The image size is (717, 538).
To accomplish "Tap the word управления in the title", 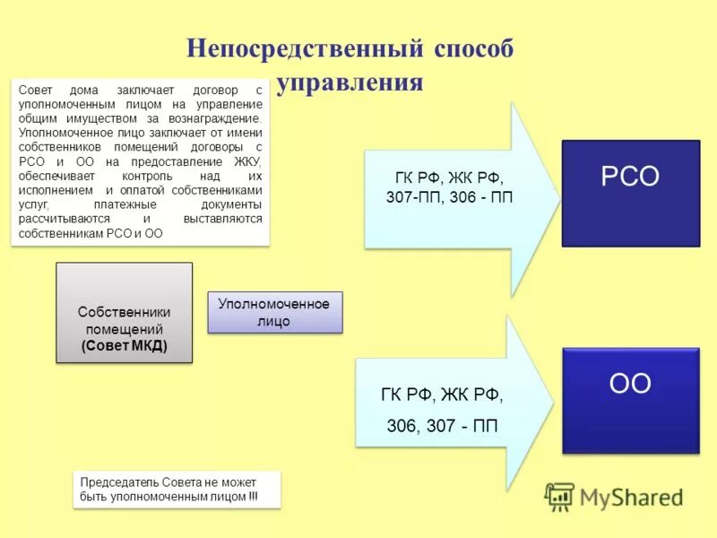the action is (x=350, y=83).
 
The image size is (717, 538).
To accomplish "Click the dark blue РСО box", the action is (x=630, y=192).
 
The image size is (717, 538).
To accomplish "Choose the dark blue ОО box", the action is (x=630, y=400).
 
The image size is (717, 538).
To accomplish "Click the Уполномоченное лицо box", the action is (x=275, y=313).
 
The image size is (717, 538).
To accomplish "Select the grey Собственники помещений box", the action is (x=124, y=312).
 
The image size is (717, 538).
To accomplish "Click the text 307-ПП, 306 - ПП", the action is (x=449, y=196).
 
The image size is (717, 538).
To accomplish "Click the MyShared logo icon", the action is (x=559, y=496).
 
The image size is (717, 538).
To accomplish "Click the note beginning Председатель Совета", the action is (x=176, y=490).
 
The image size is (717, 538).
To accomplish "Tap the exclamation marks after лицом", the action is (x=252, y=496).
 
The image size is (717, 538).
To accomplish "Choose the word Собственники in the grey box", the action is (x=124, y=312).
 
